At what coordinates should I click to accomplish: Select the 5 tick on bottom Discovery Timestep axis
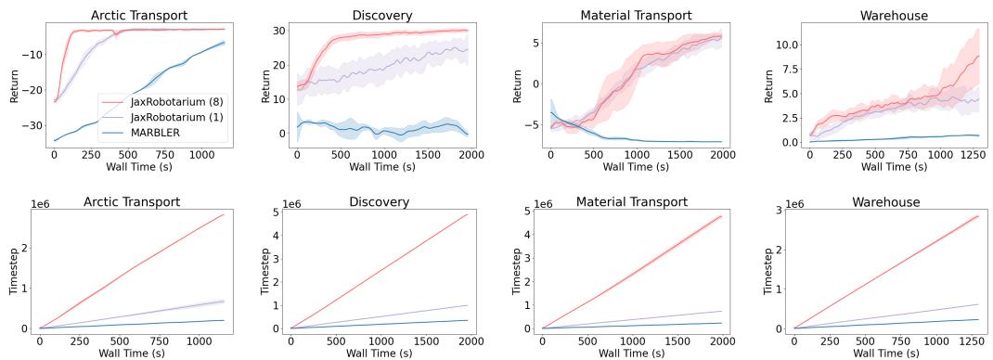point(277,212)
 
